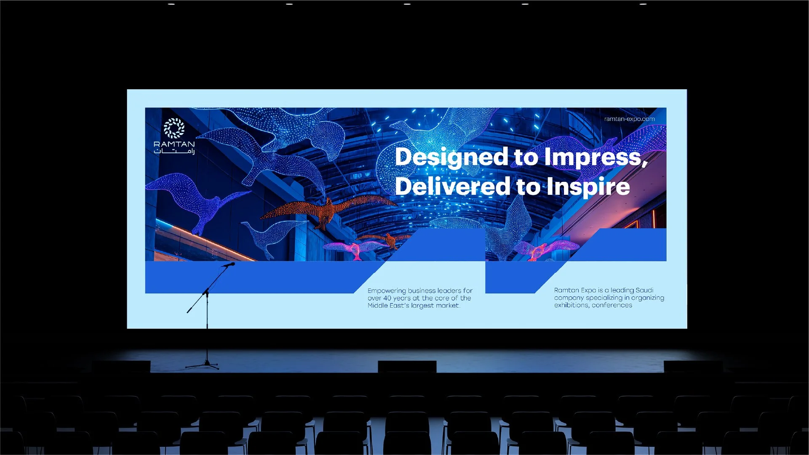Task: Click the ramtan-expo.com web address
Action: coord(629,119)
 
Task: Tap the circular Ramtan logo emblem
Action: coord(174,128)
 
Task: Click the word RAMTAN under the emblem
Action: coord(174,144)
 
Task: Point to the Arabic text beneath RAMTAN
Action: coord(174,151)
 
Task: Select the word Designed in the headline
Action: coord(451,157)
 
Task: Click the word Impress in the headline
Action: coord(593,157)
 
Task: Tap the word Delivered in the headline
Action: coord(452,186)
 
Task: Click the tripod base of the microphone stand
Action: coord(205,365)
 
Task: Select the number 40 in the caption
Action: coord(387,298)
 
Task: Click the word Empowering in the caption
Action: coord(387,290)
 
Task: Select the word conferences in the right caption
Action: coord(611,305)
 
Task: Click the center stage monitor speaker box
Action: coord(407,367)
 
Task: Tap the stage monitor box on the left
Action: coord(121,367)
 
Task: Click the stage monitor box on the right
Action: coord(693,367)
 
